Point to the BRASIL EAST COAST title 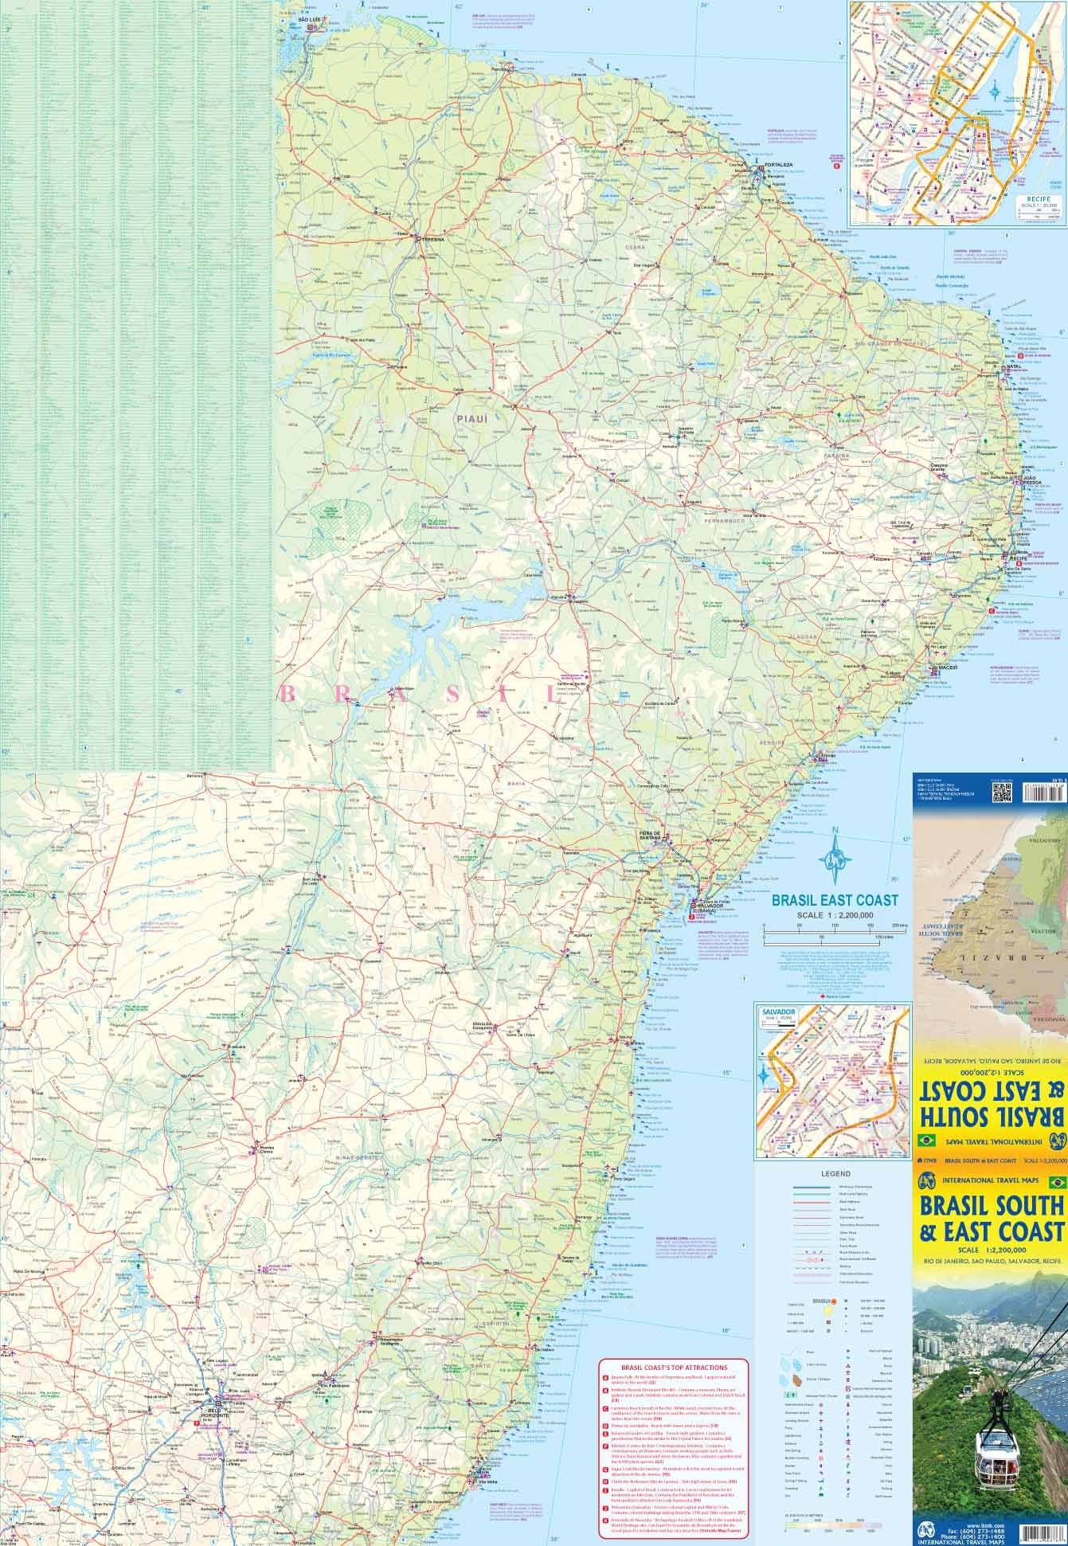pos(834,900)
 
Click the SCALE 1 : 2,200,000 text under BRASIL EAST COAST pos(834,915)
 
